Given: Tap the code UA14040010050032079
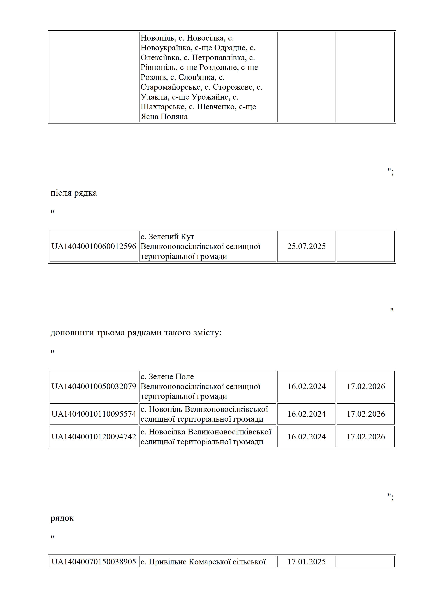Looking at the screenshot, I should point(94,386).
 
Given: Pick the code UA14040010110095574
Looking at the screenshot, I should point(94,414).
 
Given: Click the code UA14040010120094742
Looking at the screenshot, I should point(94,437).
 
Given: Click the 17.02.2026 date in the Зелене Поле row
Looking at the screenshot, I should point(366,386).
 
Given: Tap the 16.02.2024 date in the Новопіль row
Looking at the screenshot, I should point(306,414).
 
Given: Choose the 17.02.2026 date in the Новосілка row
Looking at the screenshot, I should point(366,437).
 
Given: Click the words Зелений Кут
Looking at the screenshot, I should point(171,237).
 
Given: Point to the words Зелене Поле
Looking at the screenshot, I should point(171,377).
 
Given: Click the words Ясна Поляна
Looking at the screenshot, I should point(164,116).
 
